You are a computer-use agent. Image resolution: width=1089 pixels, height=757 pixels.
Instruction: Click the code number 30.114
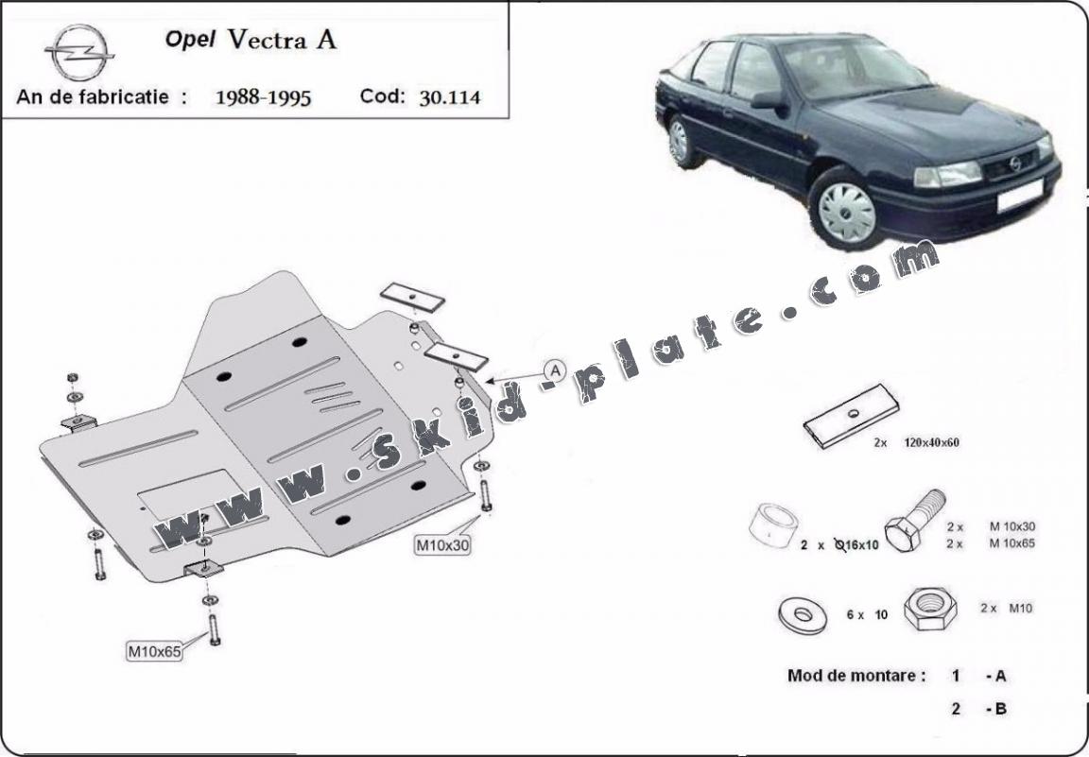coord(449,96)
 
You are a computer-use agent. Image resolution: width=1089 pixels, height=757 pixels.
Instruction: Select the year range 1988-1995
coord(263,96)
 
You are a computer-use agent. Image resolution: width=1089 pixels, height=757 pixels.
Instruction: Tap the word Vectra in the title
coord(281,40)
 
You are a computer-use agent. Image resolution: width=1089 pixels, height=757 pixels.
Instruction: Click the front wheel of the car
coord(846,210)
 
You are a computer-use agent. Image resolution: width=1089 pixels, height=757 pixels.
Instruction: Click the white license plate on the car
coord(1021,196)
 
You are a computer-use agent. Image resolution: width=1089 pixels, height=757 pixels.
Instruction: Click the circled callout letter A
coord(554,370)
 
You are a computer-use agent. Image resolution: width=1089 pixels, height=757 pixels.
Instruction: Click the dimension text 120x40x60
coord(931,442)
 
